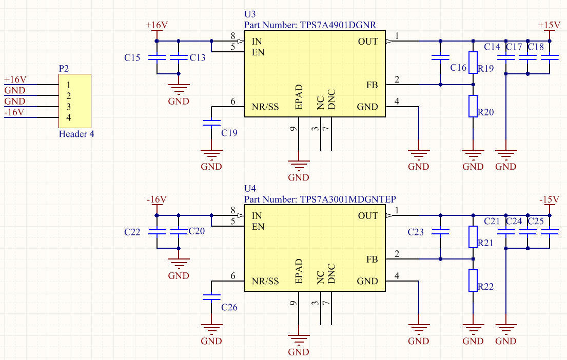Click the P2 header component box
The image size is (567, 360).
[75, 101]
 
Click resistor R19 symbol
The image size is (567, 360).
[473, 63]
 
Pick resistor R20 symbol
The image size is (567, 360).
[473, 106]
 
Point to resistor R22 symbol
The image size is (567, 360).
[473, 281]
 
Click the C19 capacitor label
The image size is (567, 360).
[229, 133]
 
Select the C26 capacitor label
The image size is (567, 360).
[229, 307]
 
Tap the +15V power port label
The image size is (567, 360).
[549, 25]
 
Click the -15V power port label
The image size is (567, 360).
[549, 199]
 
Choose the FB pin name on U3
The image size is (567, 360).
[372, 85]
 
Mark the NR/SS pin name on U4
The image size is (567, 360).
[265, 281]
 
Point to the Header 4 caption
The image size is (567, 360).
[76, 134]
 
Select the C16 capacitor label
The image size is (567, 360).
[458, 68]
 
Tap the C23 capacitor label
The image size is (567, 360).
[416, 232]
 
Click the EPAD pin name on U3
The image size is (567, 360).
[299, 98]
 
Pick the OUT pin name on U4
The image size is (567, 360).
[368, 216]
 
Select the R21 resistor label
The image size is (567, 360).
[485, 243]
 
